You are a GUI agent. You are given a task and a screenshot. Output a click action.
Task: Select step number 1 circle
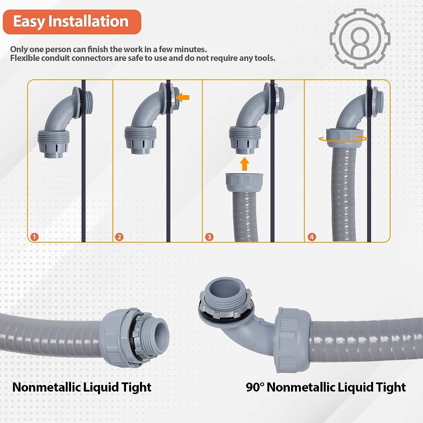tap(34, 237)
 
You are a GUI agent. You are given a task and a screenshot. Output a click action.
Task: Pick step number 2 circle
tap(119, 237)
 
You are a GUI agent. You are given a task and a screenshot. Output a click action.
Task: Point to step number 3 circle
tap(209, 237)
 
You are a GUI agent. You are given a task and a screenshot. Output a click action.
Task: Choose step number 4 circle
tap(312, 237)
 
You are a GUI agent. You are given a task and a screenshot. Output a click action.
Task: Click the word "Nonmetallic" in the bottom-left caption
tap(46, 387)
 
